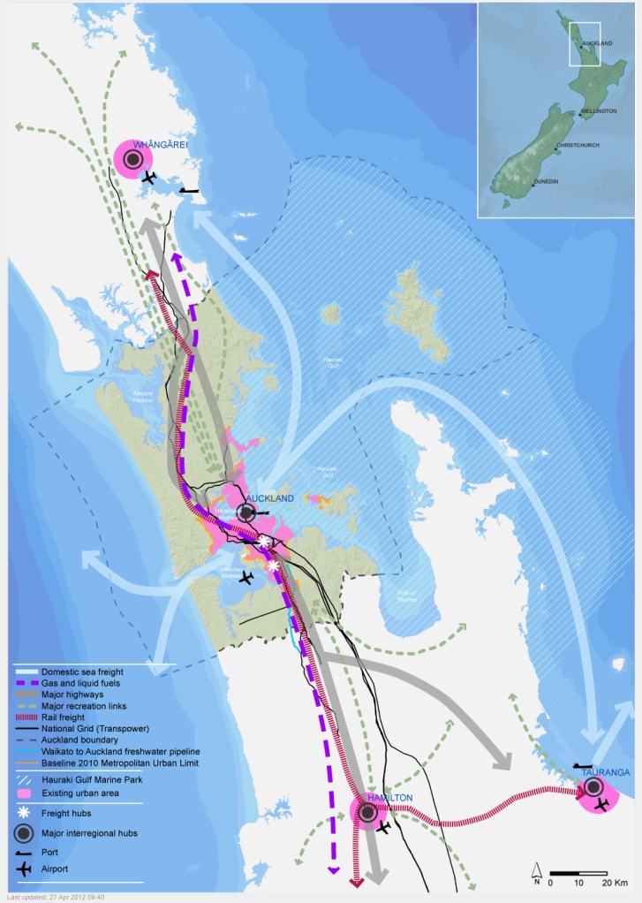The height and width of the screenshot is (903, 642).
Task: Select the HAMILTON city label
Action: click(x=389, y=798)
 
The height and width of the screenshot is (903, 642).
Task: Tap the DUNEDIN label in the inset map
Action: click(x=545, y=182)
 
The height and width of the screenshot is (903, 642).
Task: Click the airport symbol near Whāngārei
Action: click(x=147, y=177)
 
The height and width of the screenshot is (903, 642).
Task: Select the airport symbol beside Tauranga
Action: click(x=601, y=804)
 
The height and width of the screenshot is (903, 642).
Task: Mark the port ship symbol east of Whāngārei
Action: click(x=189, y=189)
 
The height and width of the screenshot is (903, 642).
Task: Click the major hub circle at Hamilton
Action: click(x=366, y=811)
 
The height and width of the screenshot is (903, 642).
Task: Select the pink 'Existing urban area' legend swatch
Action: click(x=25, y=793)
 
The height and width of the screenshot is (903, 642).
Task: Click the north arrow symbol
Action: click(x=536, y=869)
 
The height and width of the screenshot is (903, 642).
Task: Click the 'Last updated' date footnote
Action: click(x=56, y=897)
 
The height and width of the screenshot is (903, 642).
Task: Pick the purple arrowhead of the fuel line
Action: click(x=333, y=870)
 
